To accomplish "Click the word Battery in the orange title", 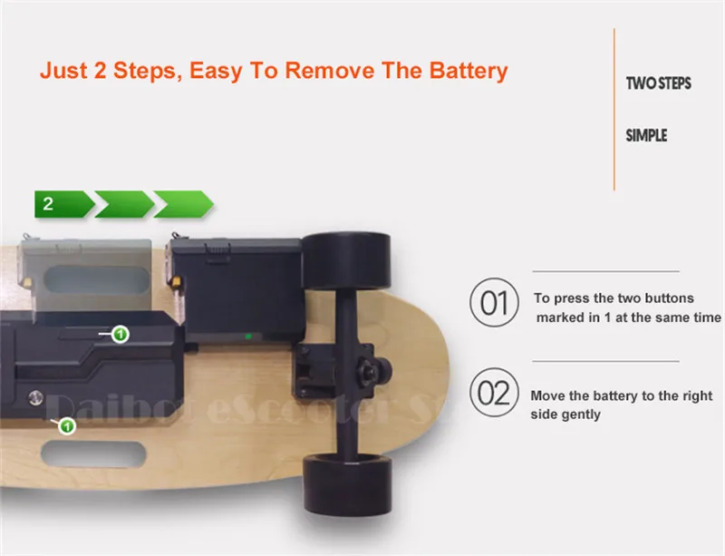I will tap(459, 71).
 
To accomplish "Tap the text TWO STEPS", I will tap(658, 83).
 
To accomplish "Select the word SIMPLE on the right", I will tap(646, 135).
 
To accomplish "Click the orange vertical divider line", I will tap(614, 109).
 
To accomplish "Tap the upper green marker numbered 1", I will tap(120, 335).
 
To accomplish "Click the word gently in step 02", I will tap(580, 414).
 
